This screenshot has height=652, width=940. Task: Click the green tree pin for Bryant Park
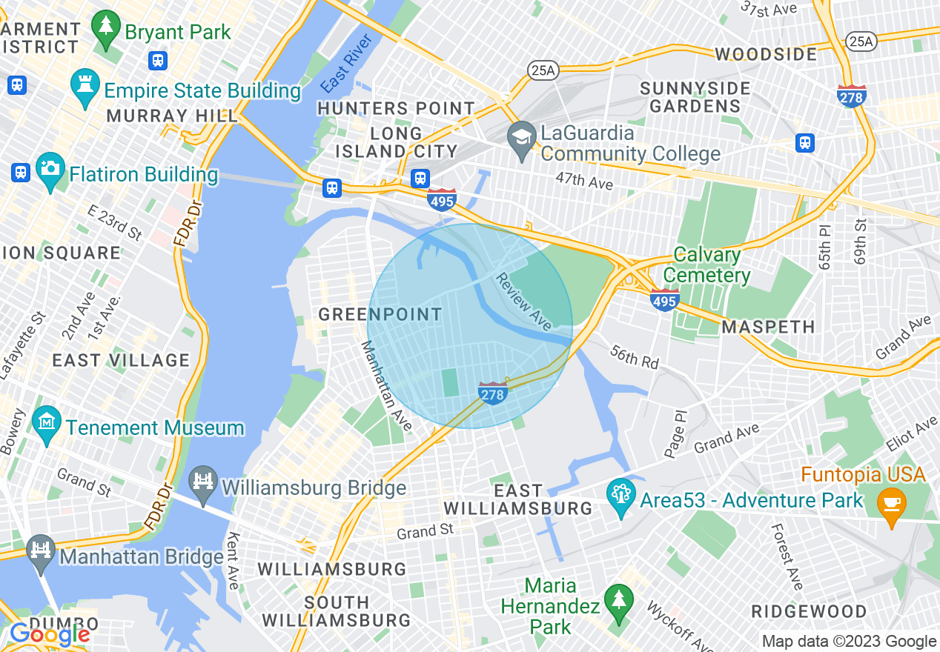[105, 28]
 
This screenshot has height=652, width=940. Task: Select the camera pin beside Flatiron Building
[50, 170]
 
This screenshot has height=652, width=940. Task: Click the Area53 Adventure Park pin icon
[619, 496]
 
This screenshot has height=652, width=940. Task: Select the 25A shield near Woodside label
[861, 41]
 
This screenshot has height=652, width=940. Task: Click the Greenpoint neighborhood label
[380, 314]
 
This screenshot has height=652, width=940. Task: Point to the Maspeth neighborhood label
[769, 327]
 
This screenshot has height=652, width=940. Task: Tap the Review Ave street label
[524, 302]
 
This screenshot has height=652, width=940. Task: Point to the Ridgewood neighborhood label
[809, 612]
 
